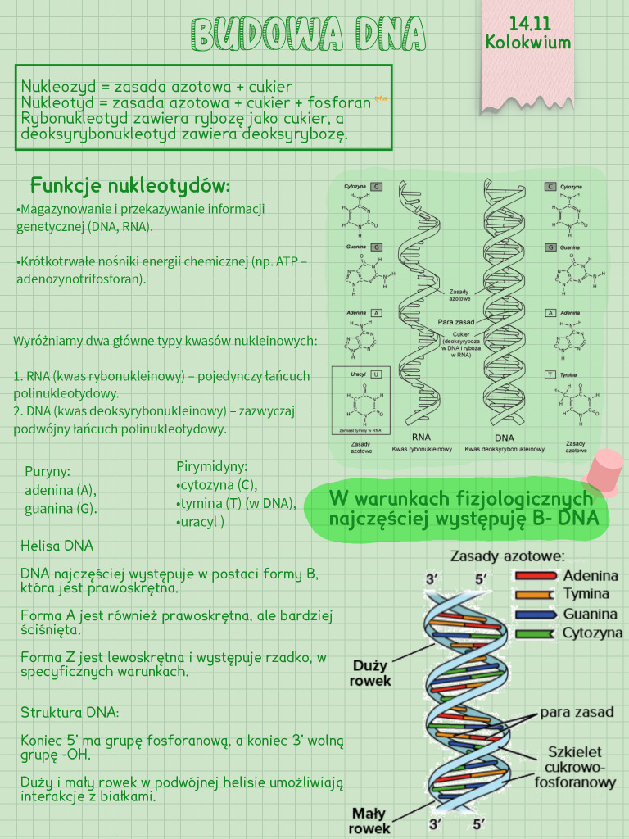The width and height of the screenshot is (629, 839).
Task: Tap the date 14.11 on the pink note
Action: tap(527, 24)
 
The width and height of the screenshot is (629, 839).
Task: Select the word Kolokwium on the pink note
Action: tap(527, 42)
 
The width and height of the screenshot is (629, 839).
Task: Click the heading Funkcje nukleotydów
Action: tap(130, 184)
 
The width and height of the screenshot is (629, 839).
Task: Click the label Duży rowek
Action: tap(370, 673)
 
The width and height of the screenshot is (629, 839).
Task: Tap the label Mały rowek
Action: tap(370, 821)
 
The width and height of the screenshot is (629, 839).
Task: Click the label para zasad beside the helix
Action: tap(577, 712)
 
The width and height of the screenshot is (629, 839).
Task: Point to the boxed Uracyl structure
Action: tap(360, 401)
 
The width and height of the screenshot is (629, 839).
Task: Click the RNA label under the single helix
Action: tap(421, 438)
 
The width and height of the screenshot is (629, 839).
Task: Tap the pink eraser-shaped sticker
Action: tap(606, 469)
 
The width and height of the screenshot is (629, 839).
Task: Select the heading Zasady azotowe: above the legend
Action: tap(507, 556)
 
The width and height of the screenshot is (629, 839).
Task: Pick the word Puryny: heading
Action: tap(48, 471)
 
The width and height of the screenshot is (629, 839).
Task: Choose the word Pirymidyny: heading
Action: tap(212, 466)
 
